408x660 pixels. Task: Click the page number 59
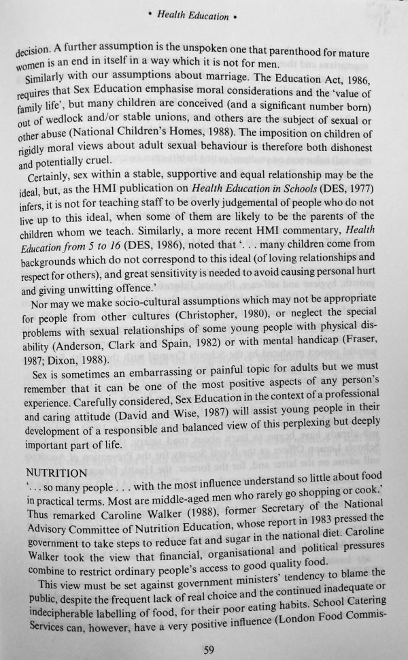tap(209, 649)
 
